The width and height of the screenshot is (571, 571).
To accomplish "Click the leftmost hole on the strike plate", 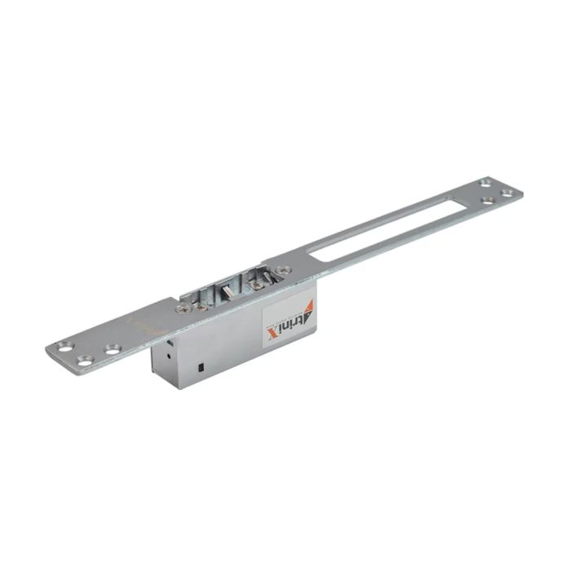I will (63, 347).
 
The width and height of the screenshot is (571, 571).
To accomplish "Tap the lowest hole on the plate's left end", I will (84, 361).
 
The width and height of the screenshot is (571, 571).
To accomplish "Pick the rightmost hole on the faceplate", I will (507, 193).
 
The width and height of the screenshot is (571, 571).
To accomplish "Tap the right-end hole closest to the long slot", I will (488, 199).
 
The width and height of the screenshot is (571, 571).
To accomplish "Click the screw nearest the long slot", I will (282, 269).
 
